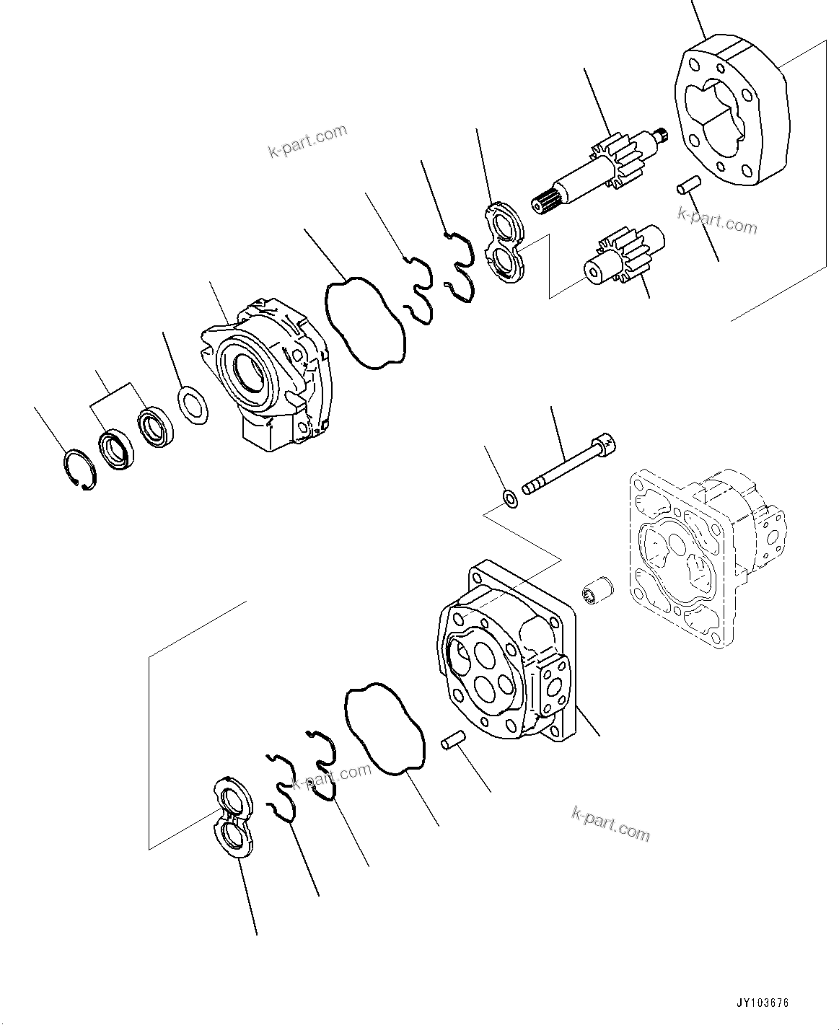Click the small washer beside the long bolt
[509, 498]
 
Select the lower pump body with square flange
[505, 664]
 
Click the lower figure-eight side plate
[234, 818]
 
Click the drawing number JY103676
[763, 1003]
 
